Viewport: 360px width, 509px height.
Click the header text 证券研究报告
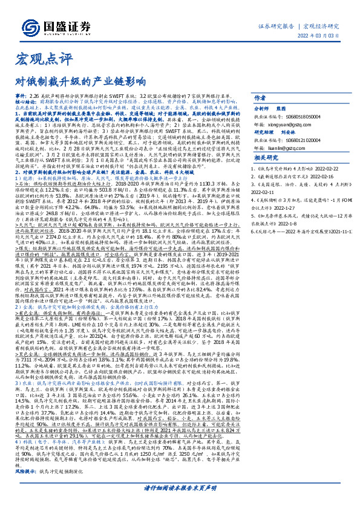pos(275,27)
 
